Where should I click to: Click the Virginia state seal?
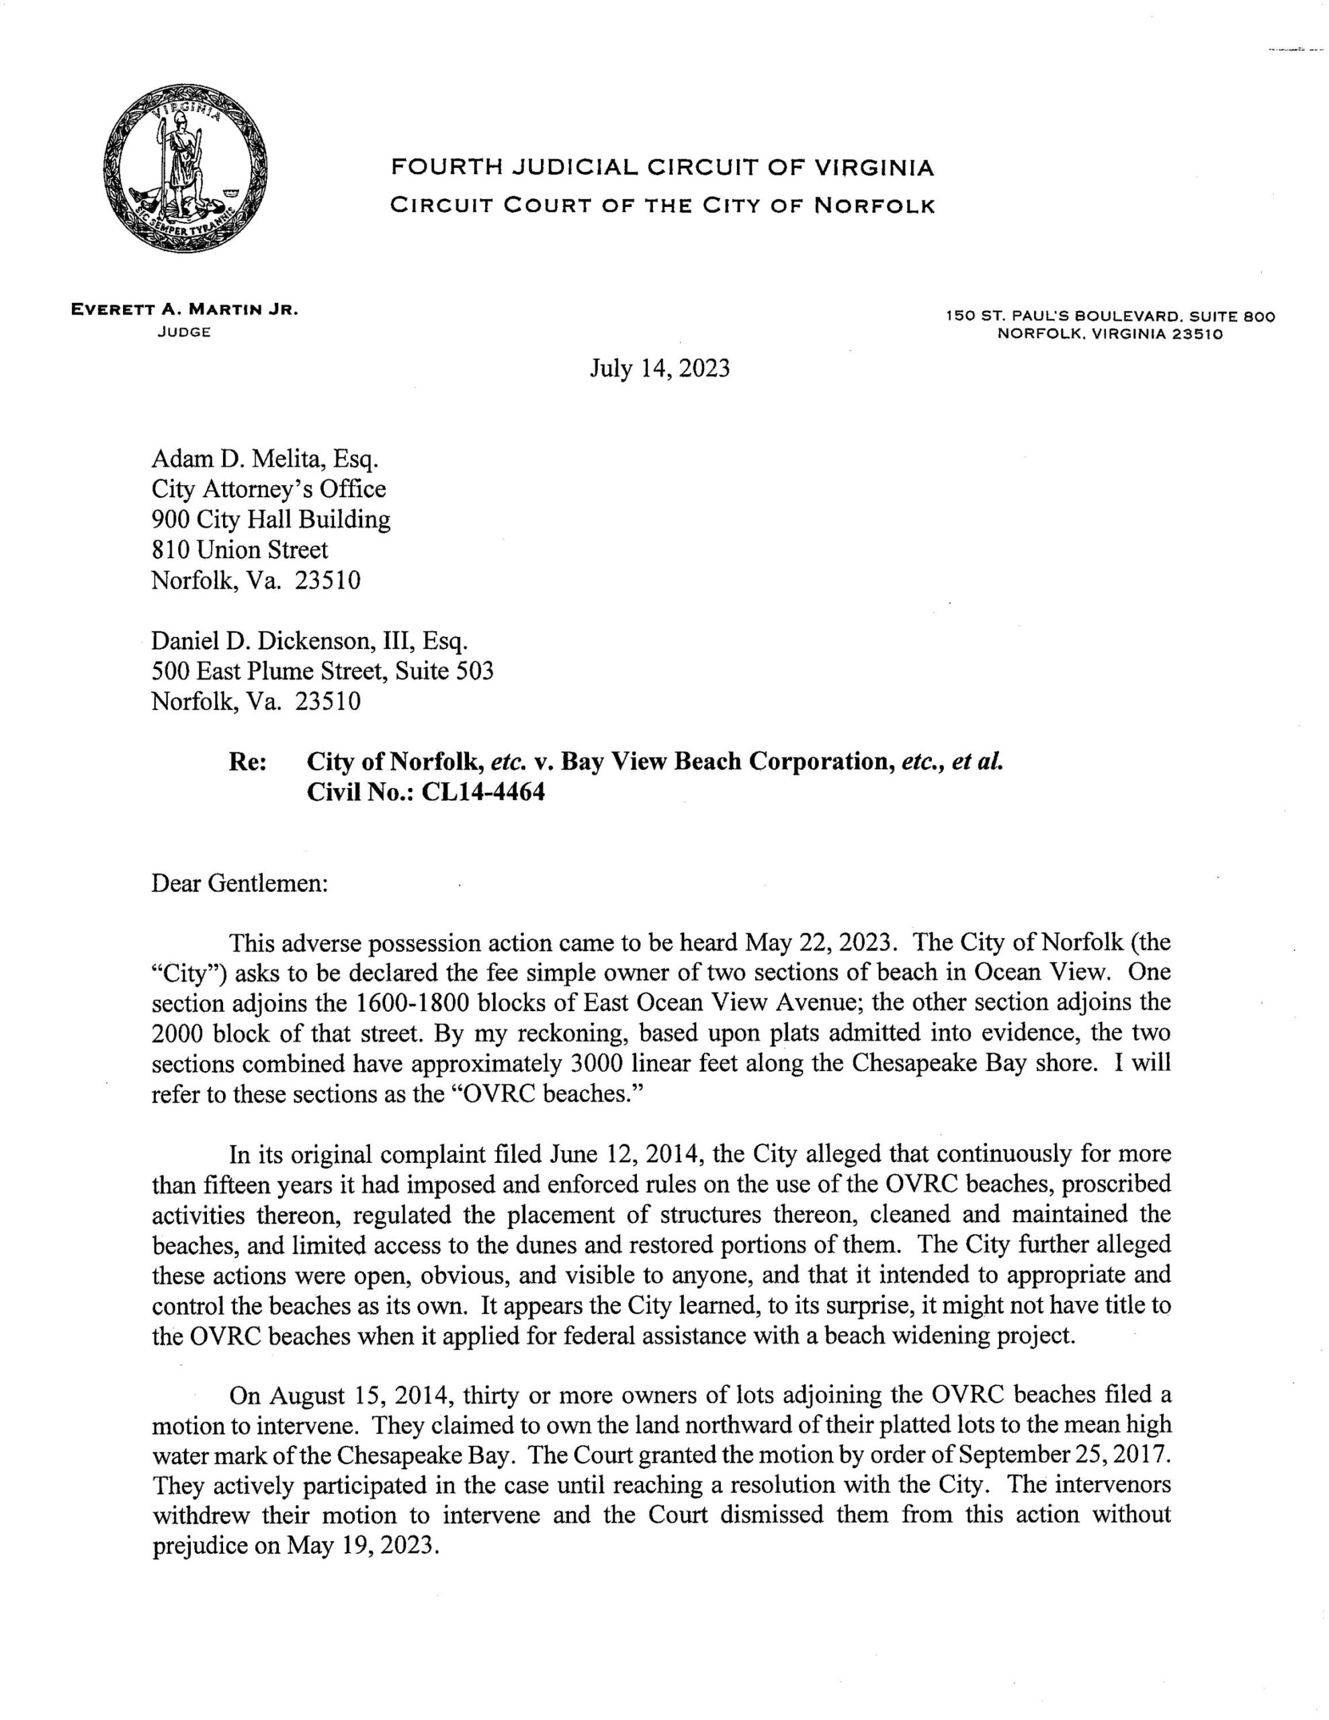186,169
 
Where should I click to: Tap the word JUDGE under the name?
183,333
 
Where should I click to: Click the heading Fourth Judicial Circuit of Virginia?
662,168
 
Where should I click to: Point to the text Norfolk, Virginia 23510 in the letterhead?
1109,333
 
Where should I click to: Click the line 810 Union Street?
239,550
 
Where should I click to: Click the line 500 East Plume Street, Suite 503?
323,671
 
